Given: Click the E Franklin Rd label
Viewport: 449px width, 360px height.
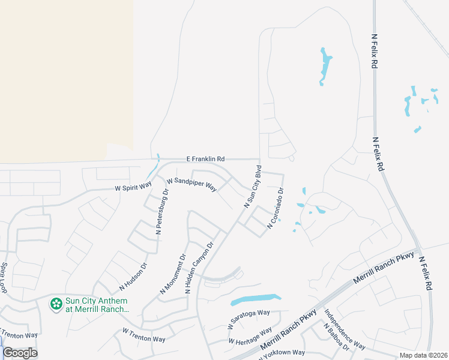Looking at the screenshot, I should [205, 158].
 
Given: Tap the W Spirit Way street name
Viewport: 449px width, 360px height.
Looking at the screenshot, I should [133, 188].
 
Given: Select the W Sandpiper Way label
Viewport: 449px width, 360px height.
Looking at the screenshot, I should [191, 184].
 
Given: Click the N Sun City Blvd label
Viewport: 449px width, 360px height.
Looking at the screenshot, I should [253, 186].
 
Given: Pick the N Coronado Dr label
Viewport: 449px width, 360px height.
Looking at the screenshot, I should [275, 208].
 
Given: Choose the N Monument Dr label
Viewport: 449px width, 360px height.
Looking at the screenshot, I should [173, 274].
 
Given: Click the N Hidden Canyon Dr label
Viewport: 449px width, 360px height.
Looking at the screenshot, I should [200, 267].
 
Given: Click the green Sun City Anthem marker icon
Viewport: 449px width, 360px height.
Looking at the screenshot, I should [56, 305].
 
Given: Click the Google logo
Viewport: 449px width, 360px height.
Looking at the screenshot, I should [20, 353].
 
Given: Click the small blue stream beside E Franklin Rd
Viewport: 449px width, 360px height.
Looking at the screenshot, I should [157, 162].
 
